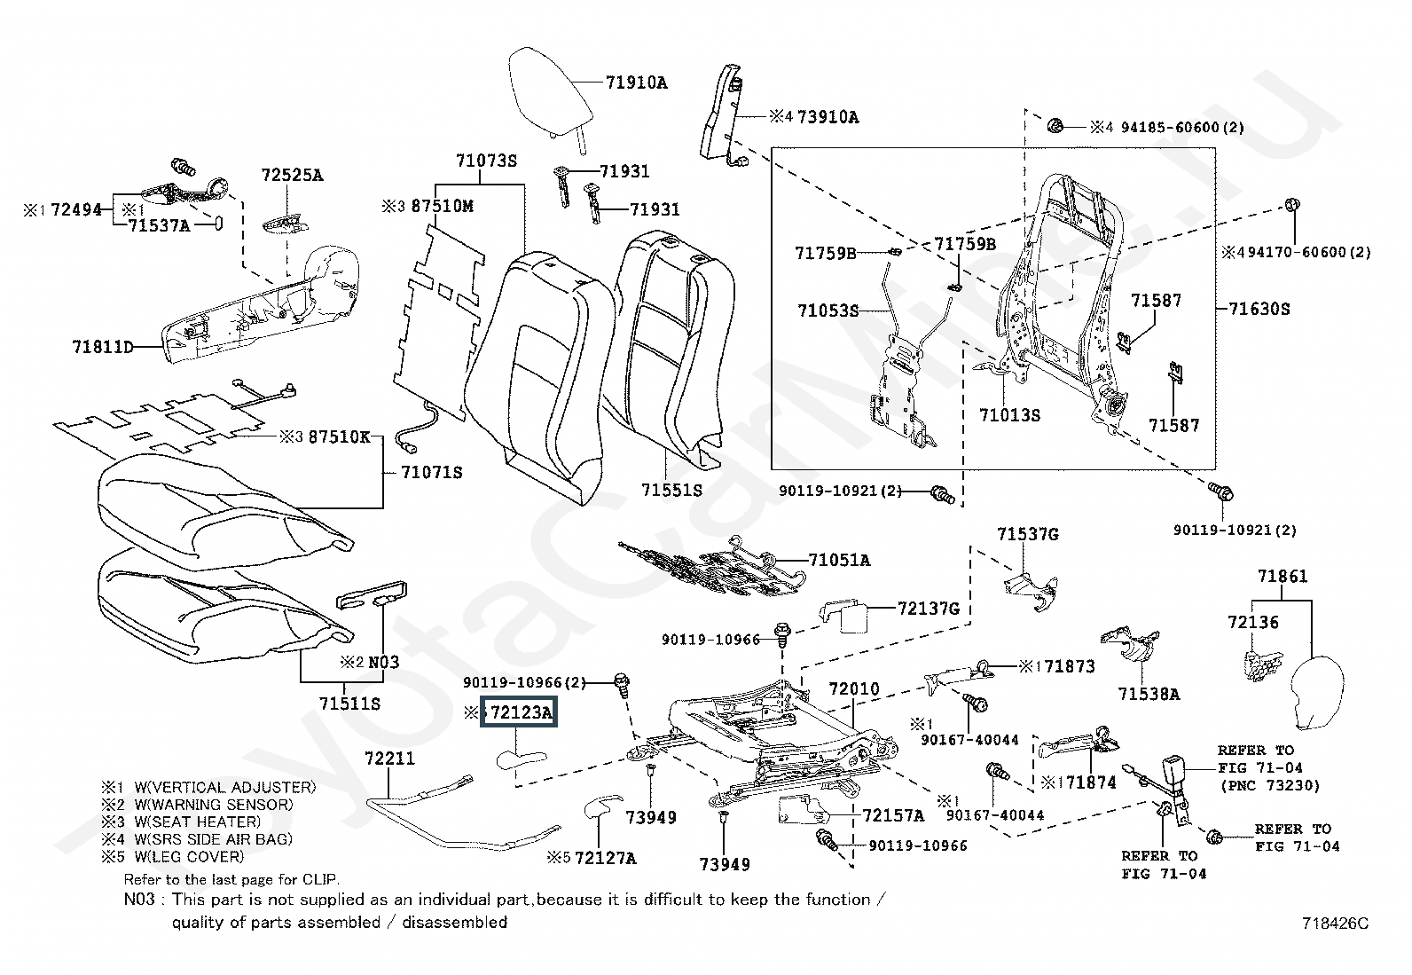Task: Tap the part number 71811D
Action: (x=103, y=347)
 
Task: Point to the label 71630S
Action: (x=1259, y=309)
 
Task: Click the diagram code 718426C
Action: (x=1335, y=924)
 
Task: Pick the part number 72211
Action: (x=390, y=759)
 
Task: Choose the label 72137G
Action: (x=929, y=609)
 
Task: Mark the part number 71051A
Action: (x=839, y=560)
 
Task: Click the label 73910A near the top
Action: (x=828, y=116)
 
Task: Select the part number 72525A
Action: (x=292, y=175)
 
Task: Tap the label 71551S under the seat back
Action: (x=671, y=489)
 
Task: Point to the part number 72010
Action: (x=854, y=688)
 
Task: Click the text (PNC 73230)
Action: (x=1270, y=785)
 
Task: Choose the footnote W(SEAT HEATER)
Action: (x=198, y=822)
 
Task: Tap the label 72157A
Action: (x=893, y=814)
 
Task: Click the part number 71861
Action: (x=1283, y=577)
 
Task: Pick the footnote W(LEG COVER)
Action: (x=189, y=856)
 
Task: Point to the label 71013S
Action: (x=1009, y=414)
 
